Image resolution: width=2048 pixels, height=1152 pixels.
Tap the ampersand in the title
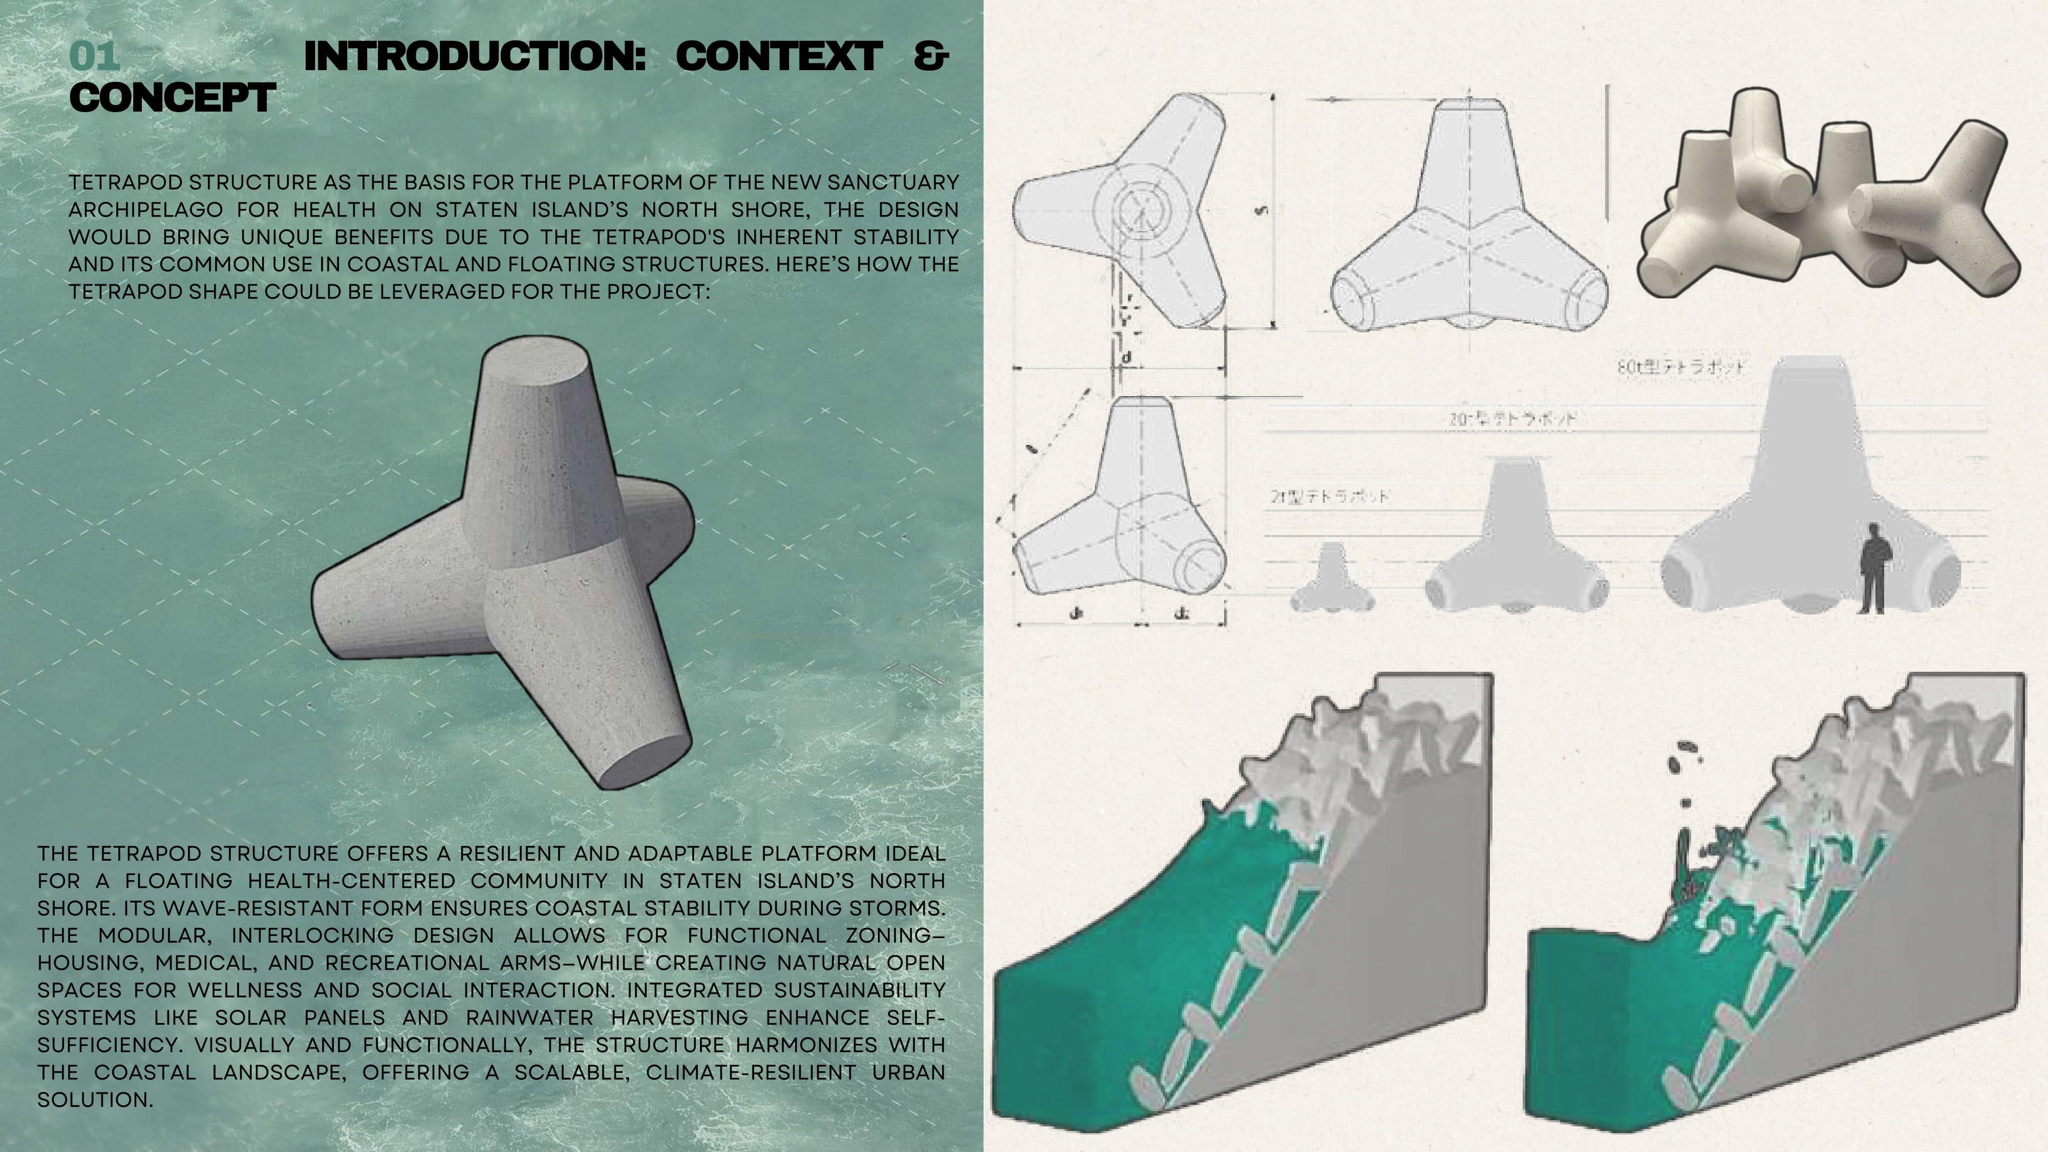point(931,56)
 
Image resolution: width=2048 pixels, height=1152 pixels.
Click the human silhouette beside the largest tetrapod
point(1873,568)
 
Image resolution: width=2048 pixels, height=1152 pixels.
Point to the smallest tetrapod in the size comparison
point(1332,581)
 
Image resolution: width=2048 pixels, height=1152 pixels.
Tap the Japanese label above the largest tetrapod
point(1681,367)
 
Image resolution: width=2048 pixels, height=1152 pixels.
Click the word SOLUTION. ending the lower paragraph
point(95,1100)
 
